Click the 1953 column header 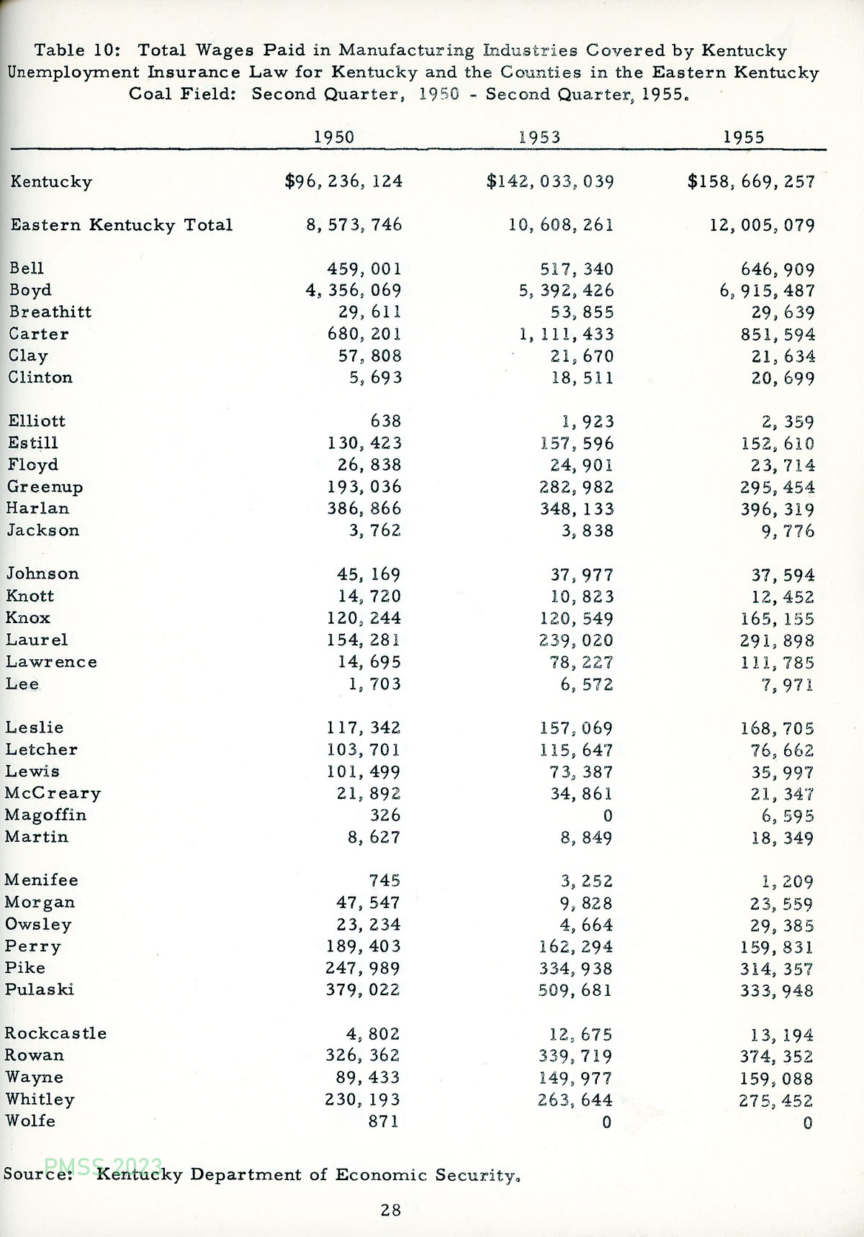pyautogui.click(x=539, y=137)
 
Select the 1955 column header pyautogui.click(x=744, y=137)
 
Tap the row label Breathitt pyautogui.click(x=50, y=312)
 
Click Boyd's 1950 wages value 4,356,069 pyautogui.click(x=353, y=290)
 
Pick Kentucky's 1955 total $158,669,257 pyautogui.click(x=751, y=181)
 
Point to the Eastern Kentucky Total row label pyautogui.click(x=121, y=225)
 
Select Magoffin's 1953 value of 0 pyautogui.click(x=607, y=815)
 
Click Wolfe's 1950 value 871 pyautogui.click(x=383, y=1120)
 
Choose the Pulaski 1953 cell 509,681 pyautogui.click(x=575, y=989)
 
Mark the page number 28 pyautogui.click(x=391, y=1210)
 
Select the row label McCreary pyautogui.click(x=53, y=793)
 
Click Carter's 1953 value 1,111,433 pyautogui.click(x=562, y=334)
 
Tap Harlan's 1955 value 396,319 pyautogui.click(x=778, y=509)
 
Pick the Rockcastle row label pyautogui.click(x=55, y=1033)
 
